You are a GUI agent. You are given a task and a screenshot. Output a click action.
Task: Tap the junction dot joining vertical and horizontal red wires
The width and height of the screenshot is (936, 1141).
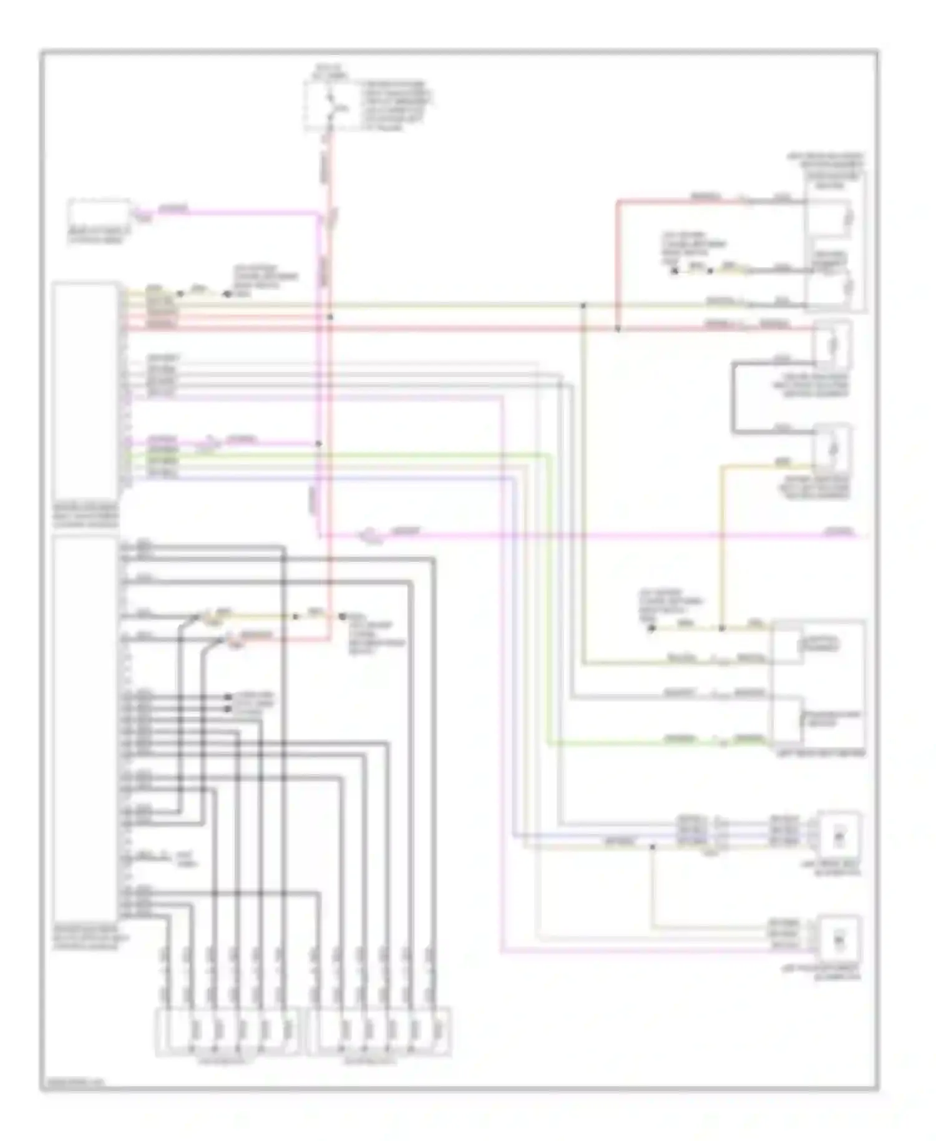330,317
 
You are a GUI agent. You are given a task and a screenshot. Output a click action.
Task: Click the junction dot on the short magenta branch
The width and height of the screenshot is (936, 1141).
318,444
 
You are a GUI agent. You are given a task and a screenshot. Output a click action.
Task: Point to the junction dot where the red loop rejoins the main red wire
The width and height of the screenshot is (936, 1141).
617,328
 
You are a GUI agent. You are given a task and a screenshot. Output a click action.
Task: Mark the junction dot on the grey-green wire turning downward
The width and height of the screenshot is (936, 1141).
584,305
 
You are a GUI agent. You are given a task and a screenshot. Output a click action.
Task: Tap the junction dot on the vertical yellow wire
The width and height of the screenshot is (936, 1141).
722,628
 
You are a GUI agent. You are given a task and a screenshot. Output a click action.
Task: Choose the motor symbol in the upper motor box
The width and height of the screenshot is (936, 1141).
839,835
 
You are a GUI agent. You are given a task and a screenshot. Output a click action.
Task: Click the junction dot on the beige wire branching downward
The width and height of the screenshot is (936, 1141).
652,847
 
